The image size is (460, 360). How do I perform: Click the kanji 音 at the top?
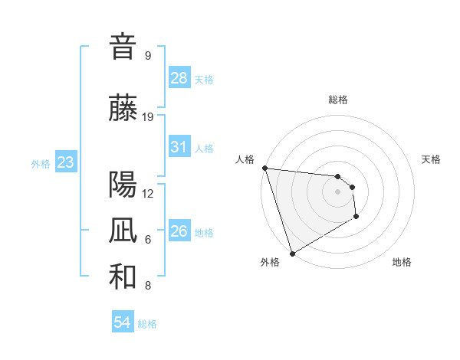click(123, 47)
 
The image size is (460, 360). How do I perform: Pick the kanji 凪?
click(123, 231)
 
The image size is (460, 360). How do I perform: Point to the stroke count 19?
click(148, 117)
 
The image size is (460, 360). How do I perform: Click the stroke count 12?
click(148, 193)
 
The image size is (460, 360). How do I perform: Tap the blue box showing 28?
click(179, 78)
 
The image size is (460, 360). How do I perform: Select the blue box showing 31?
click(179, 147)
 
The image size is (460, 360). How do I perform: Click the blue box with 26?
click(179, 231)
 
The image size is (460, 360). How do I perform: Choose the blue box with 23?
click(65, 162)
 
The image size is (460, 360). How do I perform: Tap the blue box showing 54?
click(122, 322)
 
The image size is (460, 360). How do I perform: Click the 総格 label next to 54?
click(147, 324)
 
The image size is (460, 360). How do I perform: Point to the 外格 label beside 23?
click(41, 163)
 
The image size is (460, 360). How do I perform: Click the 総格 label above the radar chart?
click(337, 100)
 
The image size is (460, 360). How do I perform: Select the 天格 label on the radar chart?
click(431, 159)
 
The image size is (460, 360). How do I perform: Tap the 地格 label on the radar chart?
click(402, 262)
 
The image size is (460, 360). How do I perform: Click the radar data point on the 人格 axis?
click(264, 168)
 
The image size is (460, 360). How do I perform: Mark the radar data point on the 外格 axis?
click(292, 253)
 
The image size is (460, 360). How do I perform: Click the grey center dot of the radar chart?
click(337, 191)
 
